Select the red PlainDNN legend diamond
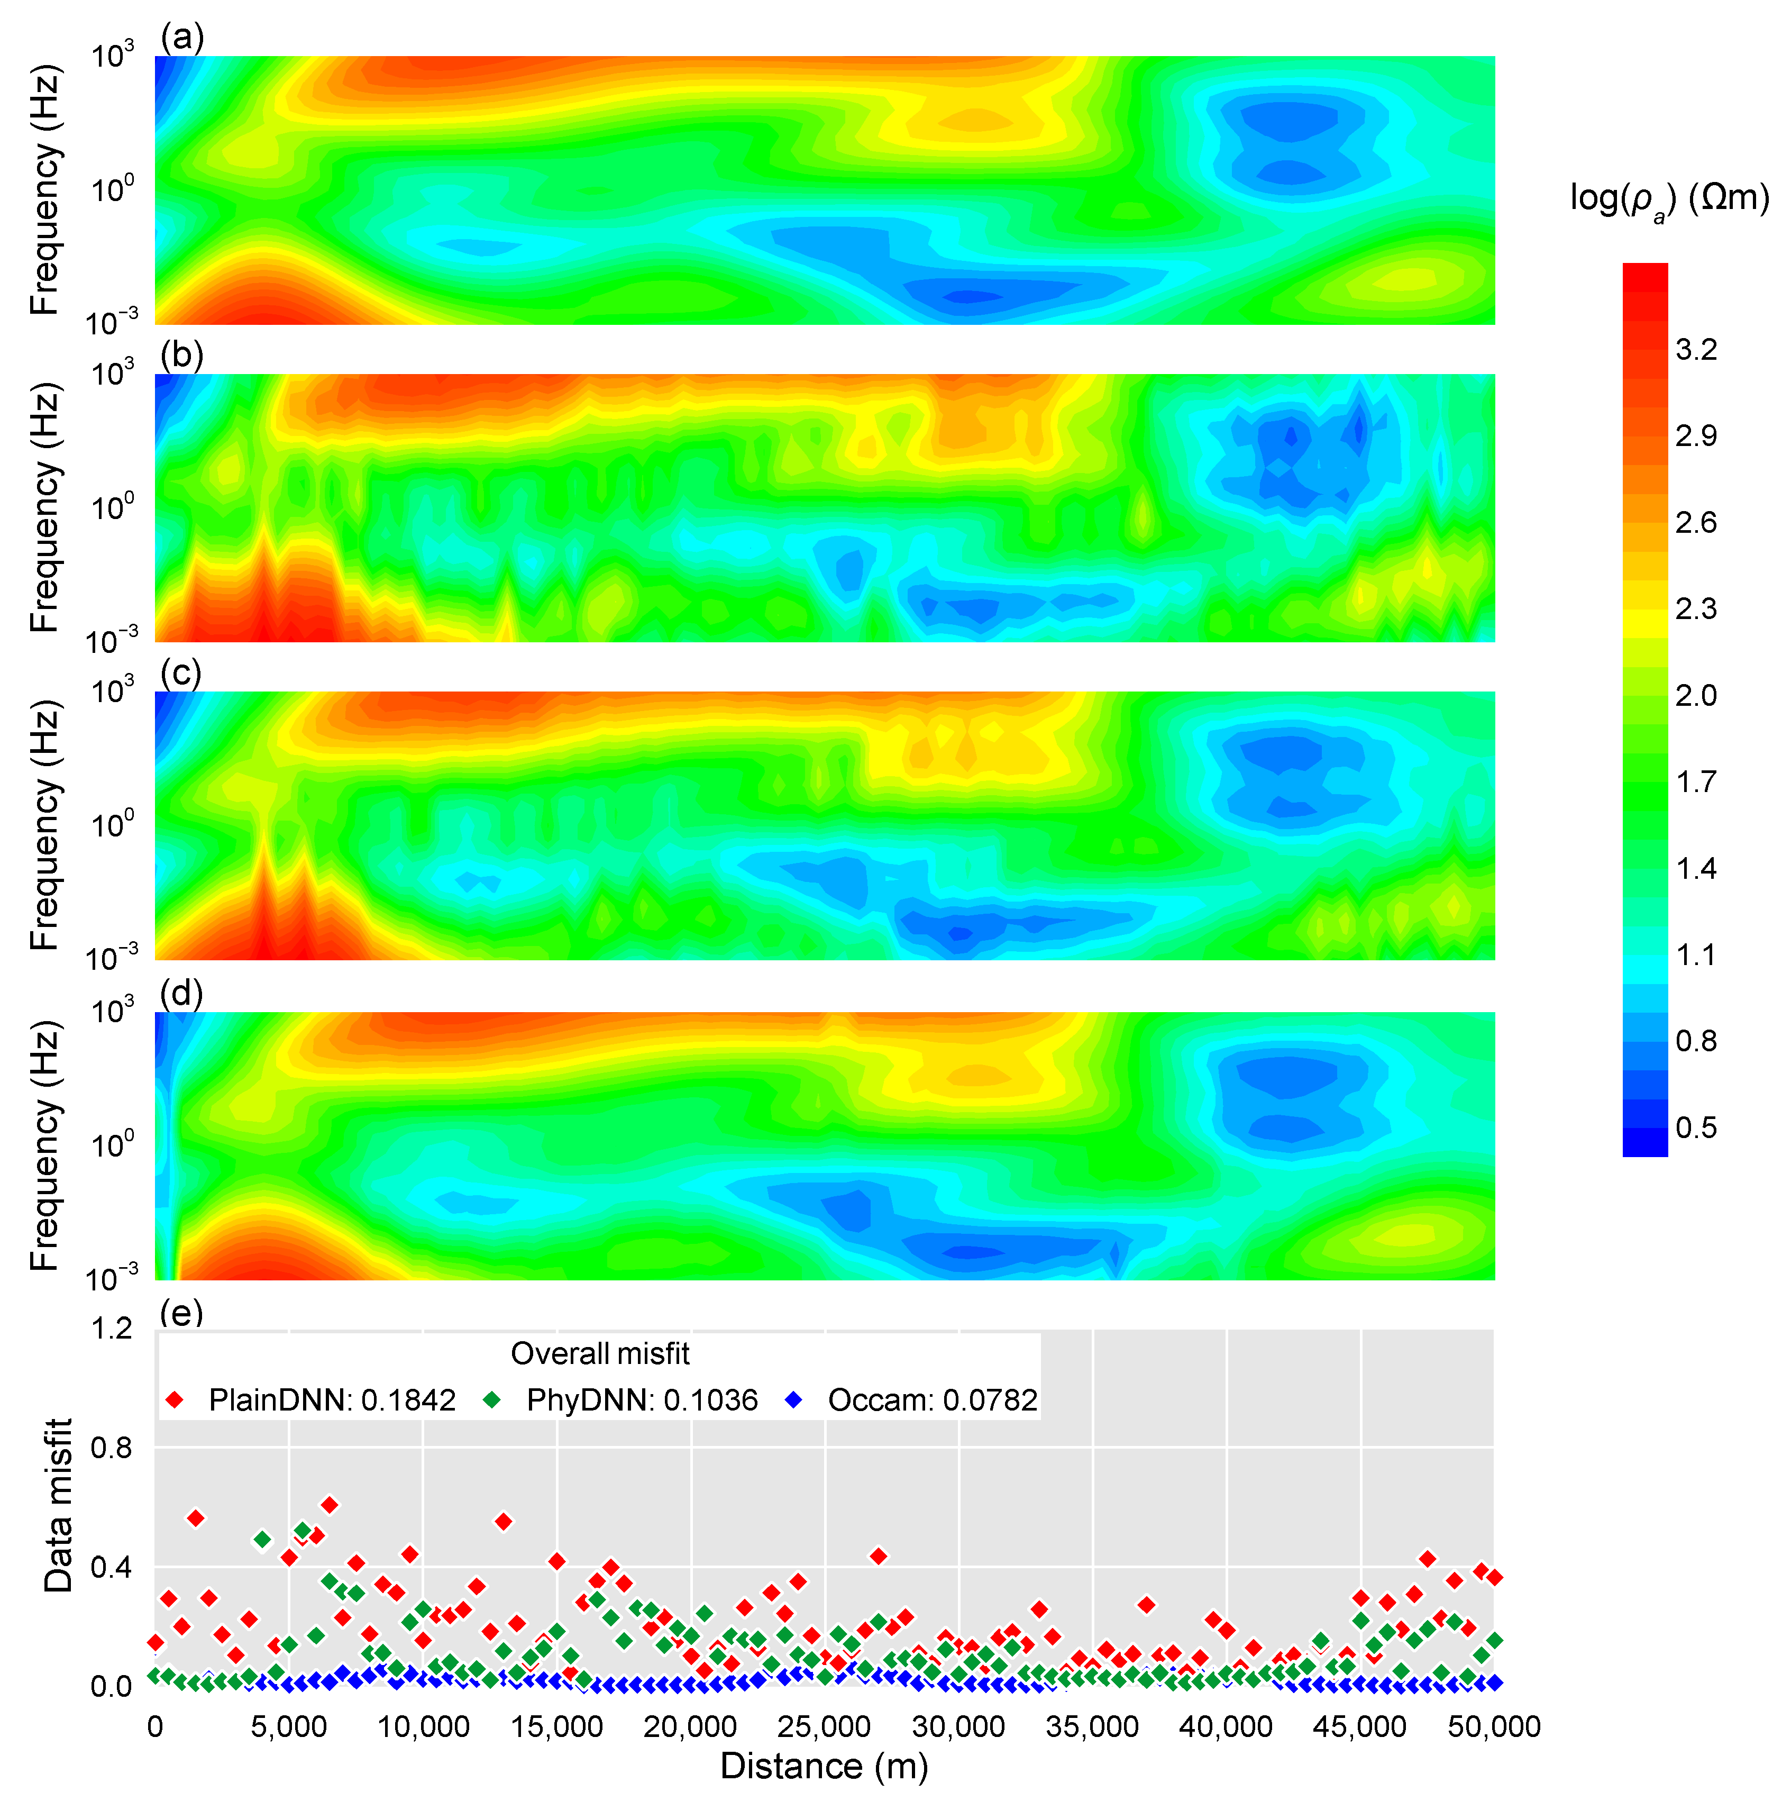pyautogui.click(x=174, y=1400)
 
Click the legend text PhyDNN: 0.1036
pyautogui.click(x=641, y=1400)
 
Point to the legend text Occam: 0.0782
pyautogui.click(x=932, y=1400)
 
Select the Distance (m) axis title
pyautogui.click(x=824, y=1767)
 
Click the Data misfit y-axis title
pyautogui.click(x=58, y=1505)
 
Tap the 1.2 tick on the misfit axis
pyautogui.click(x=112, y=1329)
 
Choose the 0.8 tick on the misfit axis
pyautogui.click(x=112, y=1448)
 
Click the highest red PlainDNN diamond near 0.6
pyautogui.click(x=329, y=1505)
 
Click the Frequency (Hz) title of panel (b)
pyautogui.click(x=45, y=508)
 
